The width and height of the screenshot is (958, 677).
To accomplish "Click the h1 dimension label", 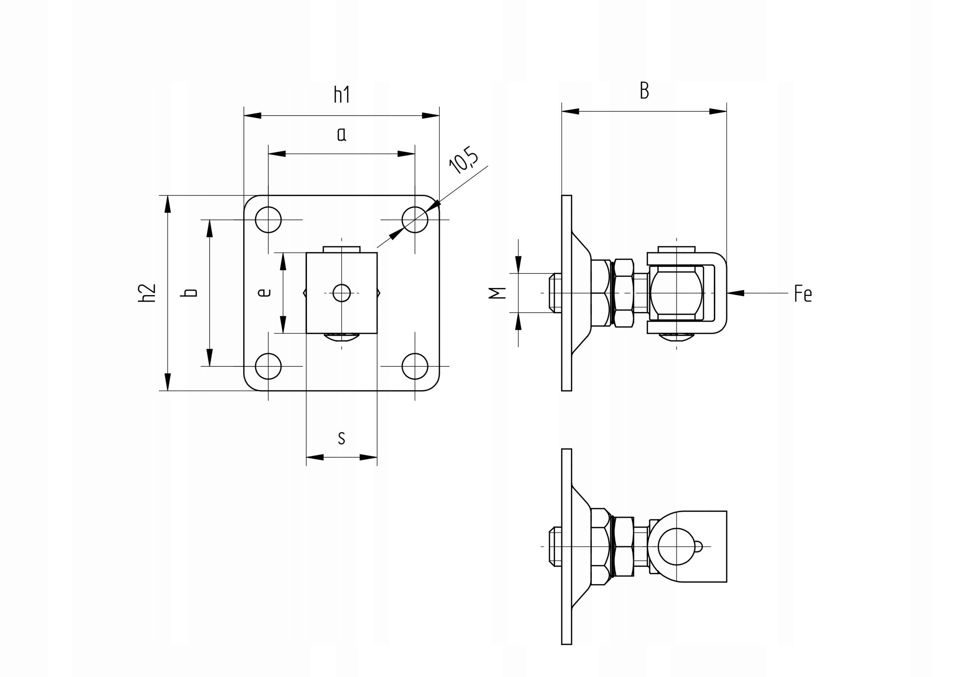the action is click(342, 95).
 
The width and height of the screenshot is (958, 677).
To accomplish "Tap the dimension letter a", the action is click(342, 135).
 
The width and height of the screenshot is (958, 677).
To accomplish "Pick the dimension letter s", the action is click(341, 438).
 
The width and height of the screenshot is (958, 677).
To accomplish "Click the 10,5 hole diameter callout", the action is click(464, 160).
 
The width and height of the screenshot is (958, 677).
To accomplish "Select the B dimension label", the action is click(644, 91).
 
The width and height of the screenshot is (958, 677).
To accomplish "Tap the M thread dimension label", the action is click(497, 293).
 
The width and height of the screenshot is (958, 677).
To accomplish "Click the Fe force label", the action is click(803, 293).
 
